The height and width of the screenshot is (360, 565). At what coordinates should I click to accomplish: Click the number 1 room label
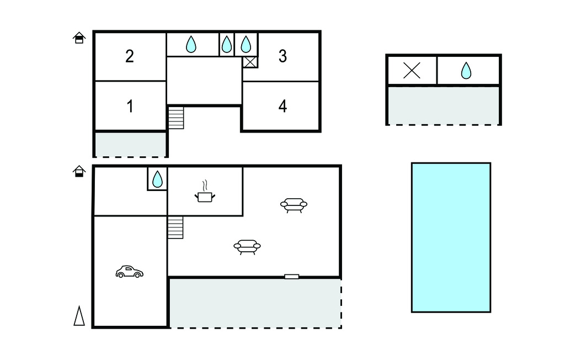tap(130, 106)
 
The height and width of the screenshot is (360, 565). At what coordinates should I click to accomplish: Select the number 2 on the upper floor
tap(130, 56)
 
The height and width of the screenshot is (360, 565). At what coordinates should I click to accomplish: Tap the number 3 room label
tap(283, 56)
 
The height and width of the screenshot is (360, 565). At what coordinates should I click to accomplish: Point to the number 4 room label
tap(283, 106)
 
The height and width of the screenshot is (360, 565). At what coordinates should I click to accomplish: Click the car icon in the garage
tap(129, 272)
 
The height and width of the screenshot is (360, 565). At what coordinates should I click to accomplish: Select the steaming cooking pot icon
tap(205, 192)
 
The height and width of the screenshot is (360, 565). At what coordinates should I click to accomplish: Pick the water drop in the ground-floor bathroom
tap(157, 179)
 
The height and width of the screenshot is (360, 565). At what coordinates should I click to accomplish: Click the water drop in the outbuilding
tap(466, 70)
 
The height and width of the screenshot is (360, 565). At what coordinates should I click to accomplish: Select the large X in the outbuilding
tap(412, 70)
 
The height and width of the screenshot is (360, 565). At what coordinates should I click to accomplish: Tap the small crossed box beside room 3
tap(250, 62)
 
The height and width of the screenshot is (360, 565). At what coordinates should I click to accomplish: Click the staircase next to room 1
tap(176, 118)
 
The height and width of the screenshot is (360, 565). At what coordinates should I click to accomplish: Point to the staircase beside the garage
tap(175, 227)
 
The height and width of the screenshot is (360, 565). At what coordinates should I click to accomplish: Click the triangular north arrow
tap(79, 316)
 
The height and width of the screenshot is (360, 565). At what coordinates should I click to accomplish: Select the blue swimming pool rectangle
tap(451, 237)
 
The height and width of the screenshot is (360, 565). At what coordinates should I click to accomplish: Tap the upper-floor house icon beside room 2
tap(79, 38)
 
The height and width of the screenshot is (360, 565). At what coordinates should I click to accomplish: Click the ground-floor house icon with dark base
tap(79, 171)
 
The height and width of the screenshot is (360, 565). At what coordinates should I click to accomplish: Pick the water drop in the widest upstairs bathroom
tap(191, 44)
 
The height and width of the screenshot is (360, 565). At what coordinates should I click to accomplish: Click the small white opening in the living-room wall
tap(291, 277)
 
